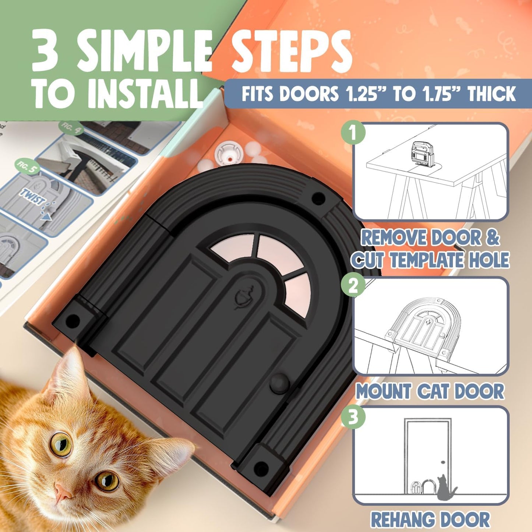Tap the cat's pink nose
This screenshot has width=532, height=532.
(63, 492)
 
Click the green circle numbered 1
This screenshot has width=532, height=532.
(353, 133)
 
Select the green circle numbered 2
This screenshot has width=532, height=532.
(353, 286)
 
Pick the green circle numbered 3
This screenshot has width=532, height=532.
(353, 418)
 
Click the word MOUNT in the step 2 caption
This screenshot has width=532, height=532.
(383, 391)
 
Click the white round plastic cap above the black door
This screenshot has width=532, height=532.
(229, 152)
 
